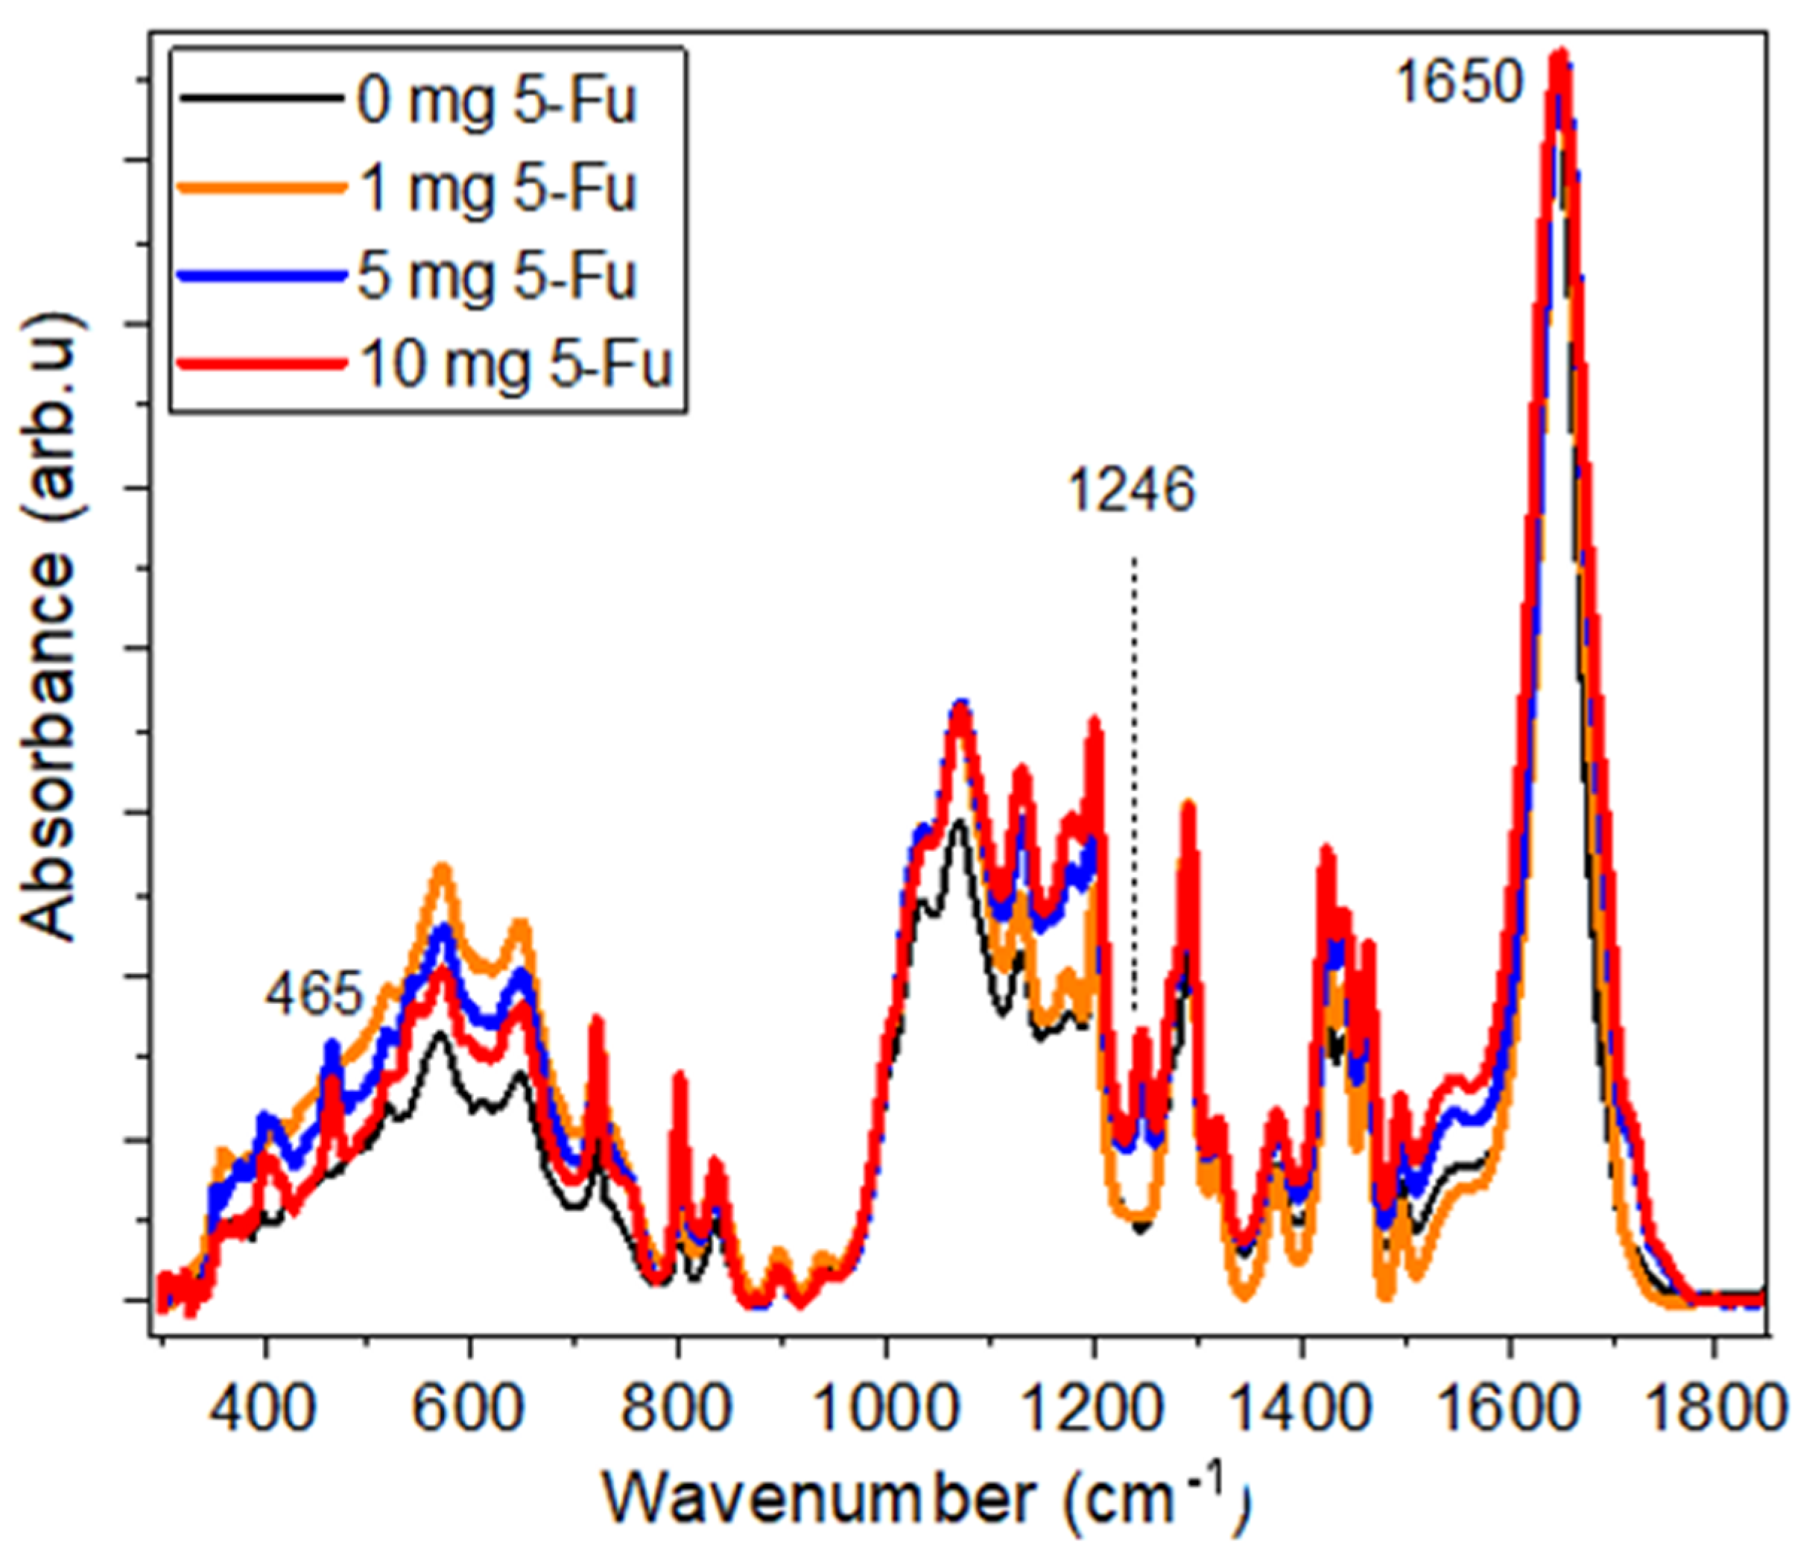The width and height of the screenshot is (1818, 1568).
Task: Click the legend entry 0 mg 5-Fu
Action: click(495, 103)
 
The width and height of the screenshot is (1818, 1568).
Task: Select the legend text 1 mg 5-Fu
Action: click(495, 189)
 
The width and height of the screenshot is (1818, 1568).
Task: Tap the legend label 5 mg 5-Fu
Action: click(495, 276)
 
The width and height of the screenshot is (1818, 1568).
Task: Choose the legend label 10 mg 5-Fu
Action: click(515, 364)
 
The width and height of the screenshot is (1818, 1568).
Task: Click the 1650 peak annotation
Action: click(1457, 85)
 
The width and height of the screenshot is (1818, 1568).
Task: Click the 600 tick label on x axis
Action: click(471, 1410)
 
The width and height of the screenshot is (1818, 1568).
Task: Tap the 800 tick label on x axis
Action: click(677, 1410)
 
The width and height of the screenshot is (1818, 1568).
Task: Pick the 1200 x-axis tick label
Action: click(1092, 1410)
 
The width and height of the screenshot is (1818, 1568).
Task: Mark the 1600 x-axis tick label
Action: click(1507, 1410)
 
